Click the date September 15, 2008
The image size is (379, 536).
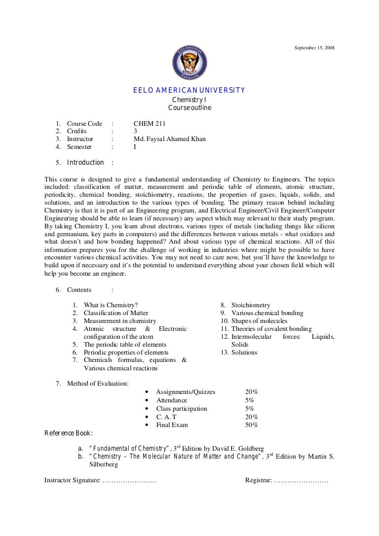[x=314, y=47]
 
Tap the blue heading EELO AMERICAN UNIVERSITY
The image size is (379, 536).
[x=189, y=90]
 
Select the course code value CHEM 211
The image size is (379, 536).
[x=150, y=124]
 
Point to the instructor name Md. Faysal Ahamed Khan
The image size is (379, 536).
[x=170, y=139]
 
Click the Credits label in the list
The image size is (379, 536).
[x=76, y=131]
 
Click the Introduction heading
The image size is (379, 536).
[x=85, y=163]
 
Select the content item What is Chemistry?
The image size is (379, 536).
[x=111, y=305]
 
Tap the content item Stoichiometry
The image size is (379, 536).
[x=251, y=305]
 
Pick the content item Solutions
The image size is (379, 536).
[x=244, y=353]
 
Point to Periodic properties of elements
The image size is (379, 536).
[x=126, y=353]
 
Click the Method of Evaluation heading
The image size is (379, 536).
[x=98, y=383]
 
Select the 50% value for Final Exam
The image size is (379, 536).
[x=252, y=425]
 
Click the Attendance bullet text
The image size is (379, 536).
[x=172, y=400]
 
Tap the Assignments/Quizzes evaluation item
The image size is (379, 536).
[x=186, y=392]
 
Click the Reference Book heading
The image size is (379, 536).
[x=68, y=433]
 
